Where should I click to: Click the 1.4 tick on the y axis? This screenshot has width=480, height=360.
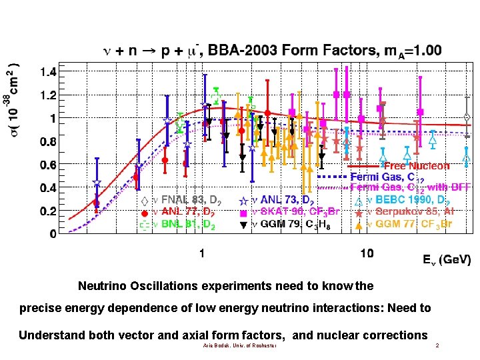point(48,71)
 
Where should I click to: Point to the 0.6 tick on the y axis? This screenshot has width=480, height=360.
point(48,165)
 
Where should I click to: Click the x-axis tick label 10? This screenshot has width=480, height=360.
point(366,253)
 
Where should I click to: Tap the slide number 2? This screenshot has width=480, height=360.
point(437,345)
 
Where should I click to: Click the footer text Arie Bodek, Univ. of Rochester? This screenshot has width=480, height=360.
point(239,345)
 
